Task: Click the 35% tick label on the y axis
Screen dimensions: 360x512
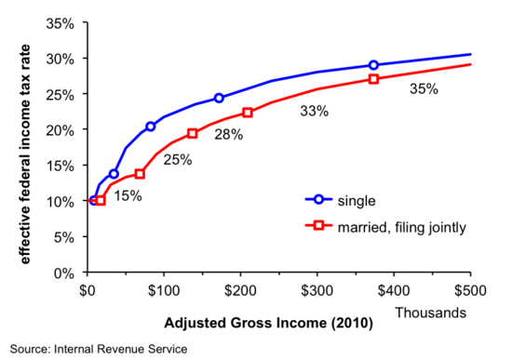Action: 61,22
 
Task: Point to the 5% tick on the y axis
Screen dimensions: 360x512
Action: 65,237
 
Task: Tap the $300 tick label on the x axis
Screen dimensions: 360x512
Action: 317,289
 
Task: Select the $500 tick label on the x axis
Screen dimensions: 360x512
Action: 470,289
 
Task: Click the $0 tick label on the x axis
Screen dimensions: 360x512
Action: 87,289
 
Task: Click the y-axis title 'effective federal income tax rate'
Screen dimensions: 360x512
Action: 26,147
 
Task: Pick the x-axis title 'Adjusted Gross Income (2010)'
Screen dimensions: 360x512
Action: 269,325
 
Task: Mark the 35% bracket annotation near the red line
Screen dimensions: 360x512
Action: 424,90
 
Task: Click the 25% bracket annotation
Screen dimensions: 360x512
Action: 177,159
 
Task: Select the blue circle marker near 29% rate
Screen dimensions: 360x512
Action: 373,65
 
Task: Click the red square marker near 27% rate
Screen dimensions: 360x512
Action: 373,79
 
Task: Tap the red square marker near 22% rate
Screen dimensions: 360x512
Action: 248,113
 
